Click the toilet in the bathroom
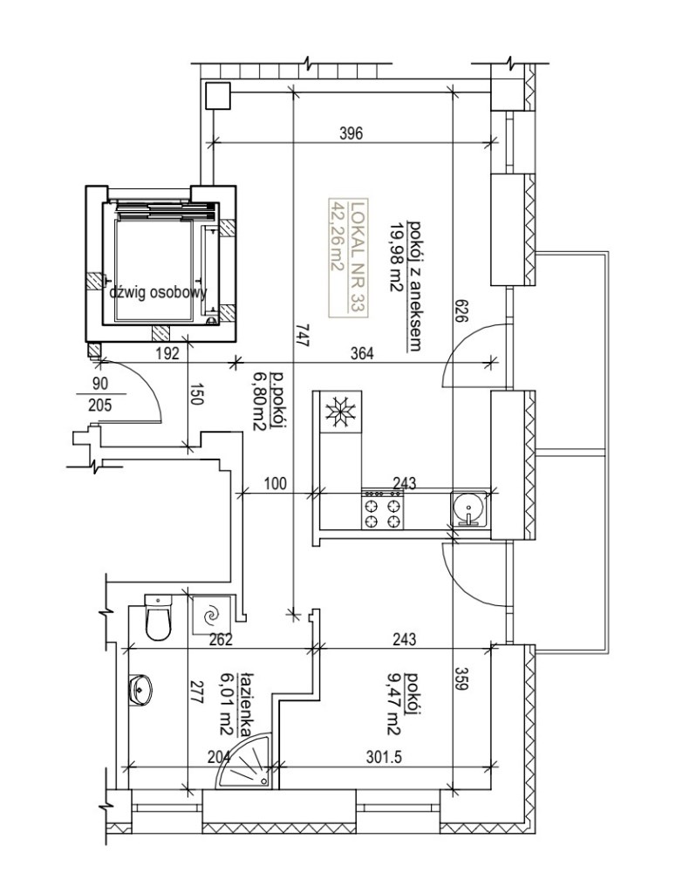tap(158, 617)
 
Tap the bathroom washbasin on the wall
tap(140, 689)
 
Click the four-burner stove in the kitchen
tap(382, 509)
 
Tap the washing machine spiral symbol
tap(212, 615)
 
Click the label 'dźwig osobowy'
tap(159, 293)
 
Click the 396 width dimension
tap(351, 133)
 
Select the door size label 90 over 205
tap(101, 394)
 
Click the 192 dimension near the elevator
tap(167, 353)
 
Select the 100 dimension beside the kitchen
tap(276, 484)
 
